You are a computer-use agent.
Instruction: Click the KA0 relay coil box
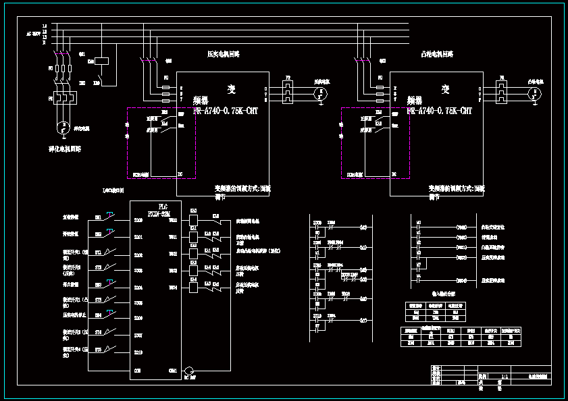193,220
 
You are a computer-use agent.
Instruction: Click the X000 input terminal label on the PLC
138,221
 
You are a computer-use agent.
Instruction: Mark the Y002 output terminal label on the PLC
174,255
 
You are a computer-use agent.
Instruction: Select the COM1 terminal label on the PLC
174,370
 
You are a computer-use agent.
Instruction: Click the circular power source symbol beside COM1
189,371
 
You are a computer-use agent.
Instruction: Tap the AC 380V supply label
33,32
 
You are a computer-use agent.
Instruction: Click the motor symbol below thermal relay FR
62,126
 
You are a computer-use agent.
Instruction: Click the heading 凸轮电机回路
437,53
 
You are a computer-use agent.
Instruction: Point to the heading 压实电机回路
223,53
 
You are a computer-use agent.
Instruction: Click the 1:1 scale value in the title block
503,376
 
